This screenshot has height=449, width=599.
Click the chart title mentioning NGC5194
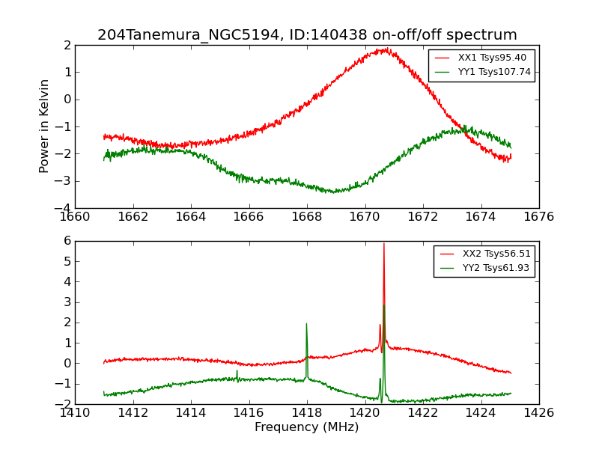pyautogui.click(x=307, y=35)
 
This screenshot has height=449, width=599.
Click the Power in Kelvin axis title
pyautogui.click(x=45, y=126)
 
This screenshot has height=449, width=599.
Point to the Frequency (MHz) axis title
pyautogui.click(x=307, y=427)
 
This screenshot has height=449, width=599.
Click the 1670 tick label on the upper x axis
pyautogui.click(x=365, y=217)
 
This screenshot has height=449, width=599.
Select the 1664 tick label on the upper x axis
pyautogui.click(x=191, y=217)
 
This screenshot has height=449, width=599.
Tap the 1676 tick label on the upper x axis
pyautogui.click(x=538, y=217)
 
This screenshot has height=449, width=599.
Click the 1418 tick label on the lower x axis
pyautogui.click(x=307, y=413)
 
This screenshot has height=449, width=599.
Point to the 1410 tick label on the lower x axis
pyautogui.click(x=75, y=413)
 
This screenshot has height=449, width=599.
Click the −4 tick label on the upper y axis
pyautogui.click(x=65, y=208)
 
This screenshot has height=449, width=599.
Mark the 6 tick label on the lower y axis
pyautogui.click(x=67, y=241)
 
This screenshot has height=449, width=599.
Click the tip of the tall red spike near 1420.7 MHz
pyautogui.click(x=384, y=243)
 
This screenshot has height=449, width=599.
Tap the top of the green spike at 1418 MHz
pyautogui.click(x=306, y=323)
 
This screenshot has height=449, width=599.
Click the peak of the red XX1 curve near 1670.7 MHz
pyautogui.click(x=385, y=49)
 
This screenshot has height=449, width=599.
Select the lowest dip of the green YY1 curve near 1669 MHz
pyautogui.click(x=334, y=192)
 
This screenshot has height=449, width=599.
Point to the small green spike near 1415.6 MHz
pyautogui.click(x=237, y=370)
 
